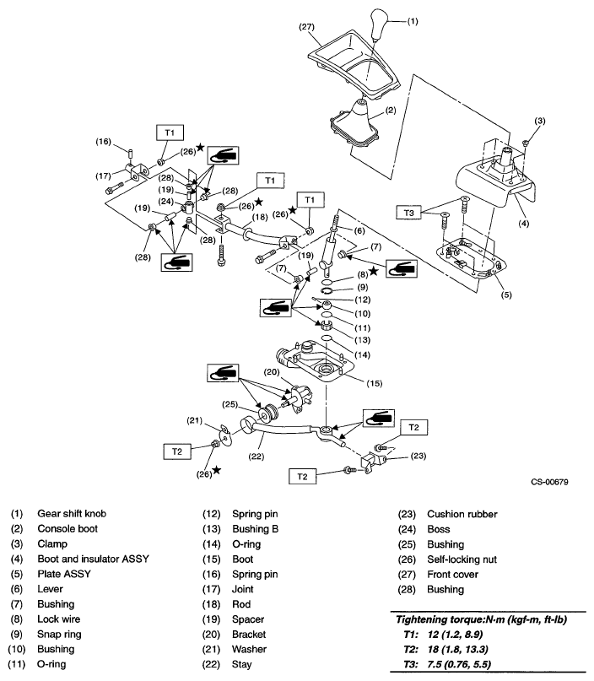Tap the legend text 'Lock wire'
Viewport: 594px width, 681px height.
57,619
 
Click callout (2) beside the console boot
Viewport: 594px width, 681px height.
391,110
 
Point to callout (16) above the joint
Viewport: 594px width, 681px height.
105,141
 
